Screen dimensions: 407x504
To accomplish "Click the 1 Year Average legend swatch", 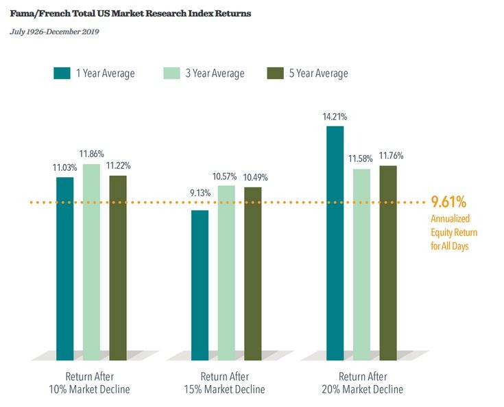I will pos(62,73).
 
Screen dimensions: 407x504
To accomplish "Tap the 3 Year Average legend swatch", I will pos(172,73).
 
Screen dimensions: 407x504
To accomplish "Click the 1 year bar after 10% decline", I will pos(65,268).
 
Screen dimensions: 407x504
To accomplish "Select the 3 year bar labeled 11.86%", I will pos(91,261).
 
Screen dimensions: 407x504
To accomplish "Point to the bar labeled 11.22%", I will pos(118,267).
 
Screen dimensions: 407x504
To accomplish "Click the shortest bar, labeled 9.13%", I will pos(200,285).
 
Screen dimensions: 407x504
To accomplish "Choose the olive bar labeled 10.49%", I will pos(253,273).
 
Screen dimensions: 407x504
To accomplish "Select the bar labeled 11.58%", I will pos(361,264).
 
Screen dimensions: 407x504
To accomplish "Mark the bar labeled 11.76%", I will pos(388,262).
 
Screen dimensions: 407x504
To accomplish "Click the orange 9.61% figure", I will pos(448,202).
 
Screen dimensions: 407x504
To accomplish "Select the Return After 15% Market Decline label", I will pos(226,383).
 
